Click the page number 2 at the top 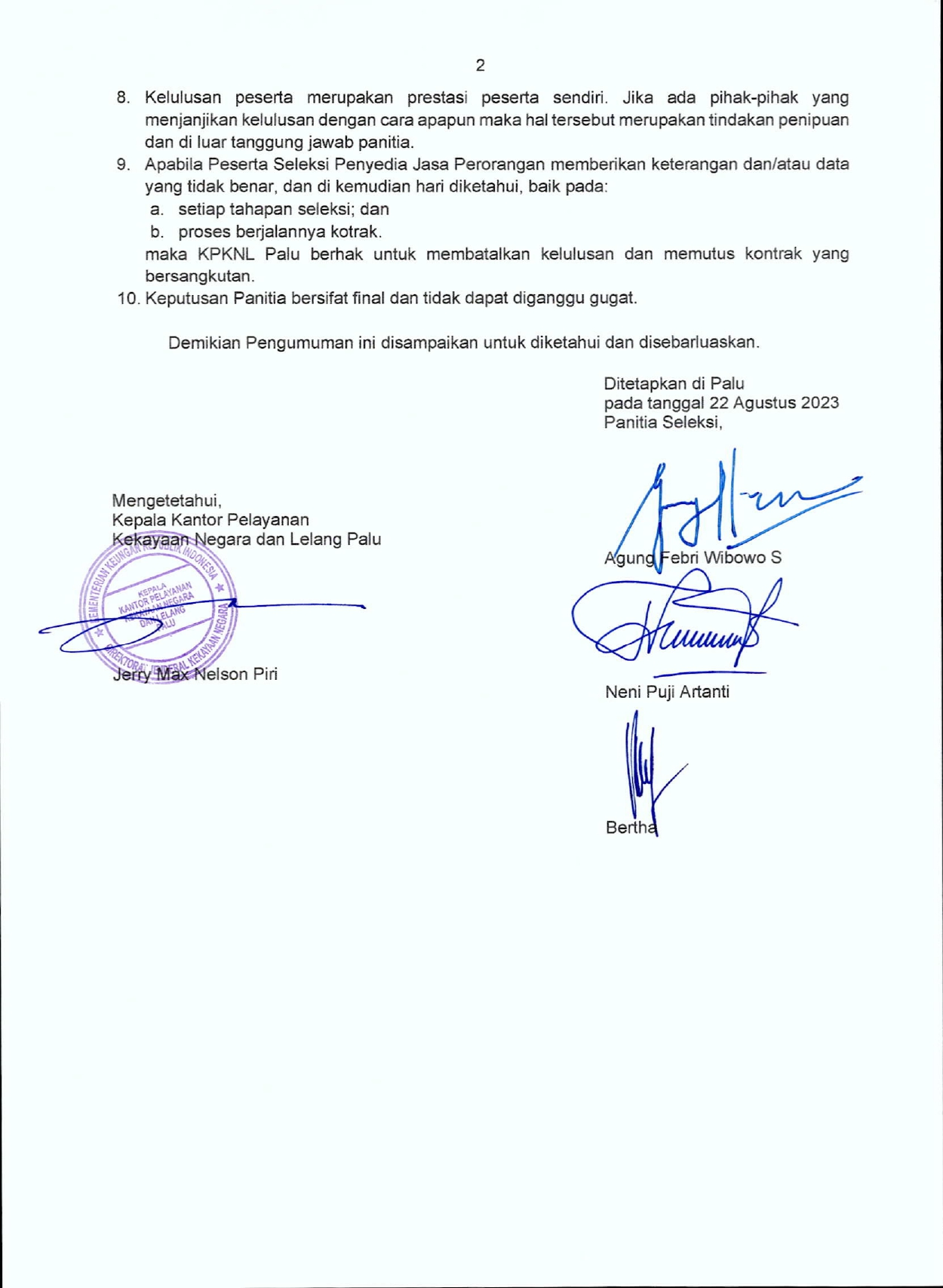[480, 66]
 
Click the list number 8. [123, 98]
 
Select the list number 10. [127, 298]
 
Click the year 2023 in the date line [819, 403]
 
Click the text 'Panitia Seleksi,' [662, 423]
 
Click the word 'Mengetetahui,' [166, 500]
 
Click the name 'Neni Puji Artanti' [667, 692]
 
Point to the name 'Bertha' [631, 828]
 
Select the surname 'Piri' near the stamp [265, 675]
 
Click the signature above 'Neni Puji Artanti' [679, 622]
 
